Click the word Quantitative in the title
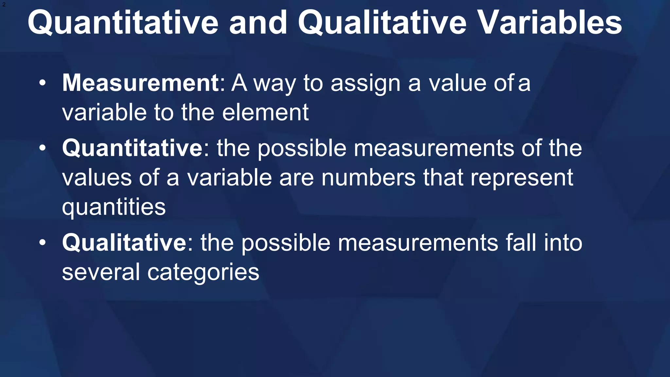point(123,23)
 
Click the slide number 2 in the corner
point(4,5)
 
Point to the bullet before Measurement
point(43,83)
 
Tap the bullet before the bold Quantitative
point(43,148)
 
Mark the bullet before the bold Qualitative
point(43,243)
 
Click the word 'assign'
point(365,84)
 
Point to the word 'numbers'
point(368,178)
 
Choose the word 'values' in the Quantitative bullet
point(97,178)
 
